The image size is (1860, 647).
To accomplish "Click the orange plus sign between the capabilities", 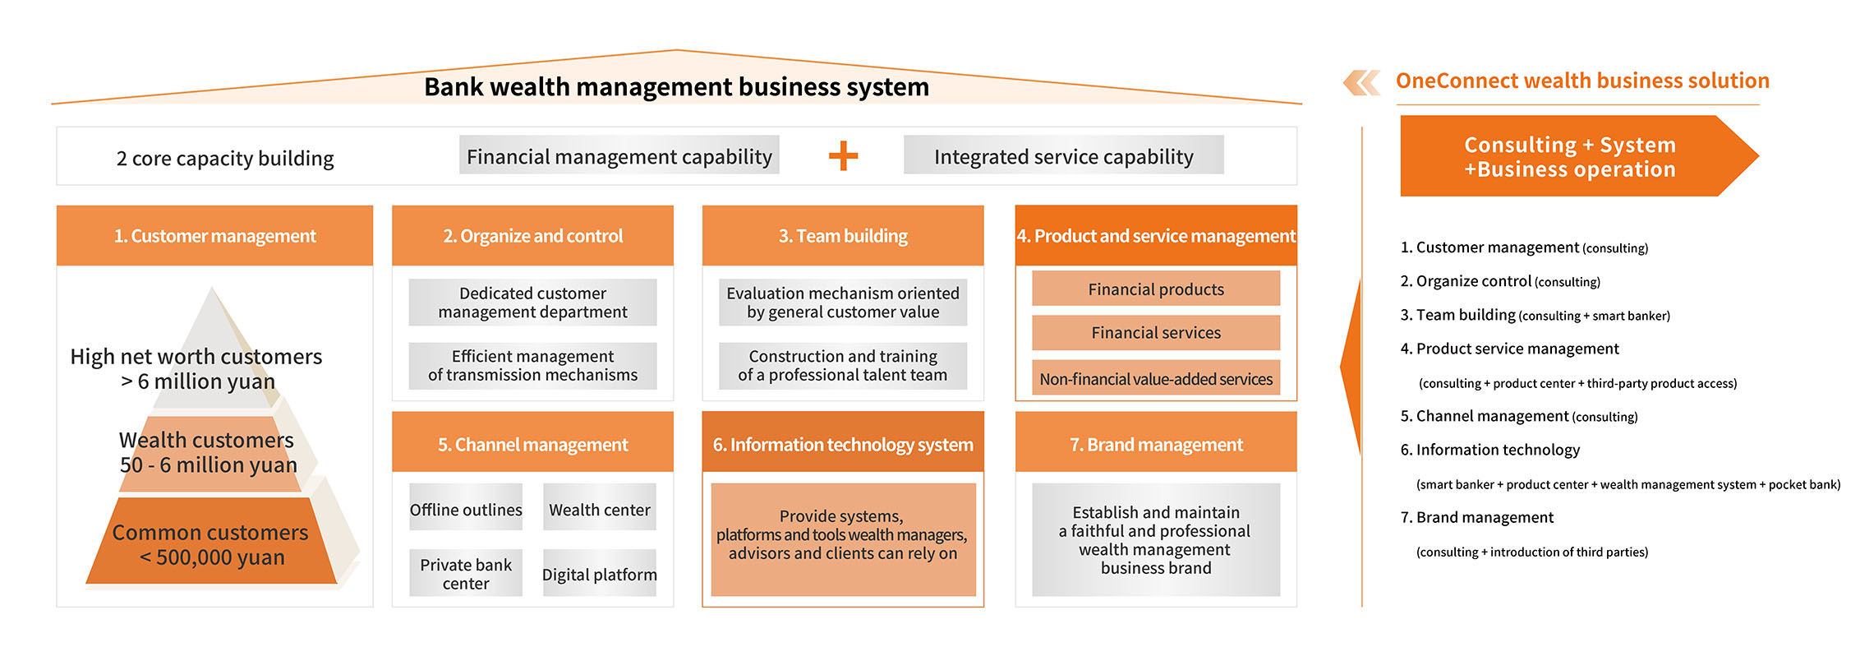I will point(843,155).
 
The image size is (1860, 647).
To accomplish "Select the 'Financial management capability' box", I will point(619,155).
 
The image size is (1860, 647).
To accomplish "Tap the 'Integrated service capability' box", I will point(1063,155).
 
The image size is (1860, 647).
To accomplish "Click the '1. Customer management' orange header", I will point(214,236).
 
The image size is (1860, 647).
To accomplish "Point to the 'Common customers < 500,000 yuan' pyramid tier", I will point(211,543).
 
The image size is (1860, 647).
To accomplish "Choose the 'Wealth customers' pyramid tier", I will point(208,453).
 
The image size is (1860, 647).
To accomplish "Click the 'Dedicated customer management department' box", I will point(532,303).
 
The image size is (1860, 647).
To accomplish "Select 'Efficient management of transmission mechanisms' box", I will point(532,366).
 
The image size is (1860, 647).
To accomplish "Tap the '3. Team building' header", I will point(843,236).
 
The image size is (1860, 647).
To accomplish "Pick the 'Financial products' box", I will point(1156,289).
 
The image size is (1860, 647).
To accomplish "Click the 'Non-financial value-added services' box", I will point(1156,378).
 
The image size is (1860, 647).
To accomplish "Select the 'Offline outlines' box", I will point(466,509).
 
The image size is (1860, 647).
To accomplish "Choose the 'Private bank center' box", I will point(466,573).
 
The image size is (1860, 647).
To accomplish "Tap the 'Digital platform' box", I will point(599,573).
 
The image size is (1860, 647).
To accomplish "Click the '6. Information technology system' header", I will point(843,444).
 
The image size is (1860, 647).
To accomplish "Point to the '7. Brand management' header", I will point(1156,444).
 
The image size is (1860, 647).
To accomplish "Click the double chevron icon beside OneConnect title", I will point(1361,82).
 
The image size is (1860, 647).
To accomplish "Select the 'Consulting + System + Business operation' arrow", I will point(1569,156).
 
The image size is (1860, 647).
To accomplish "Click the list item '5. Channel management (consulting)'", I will point(1518,416).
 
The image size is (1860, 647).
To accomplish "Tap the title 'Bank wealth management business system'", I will point(676,86).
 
